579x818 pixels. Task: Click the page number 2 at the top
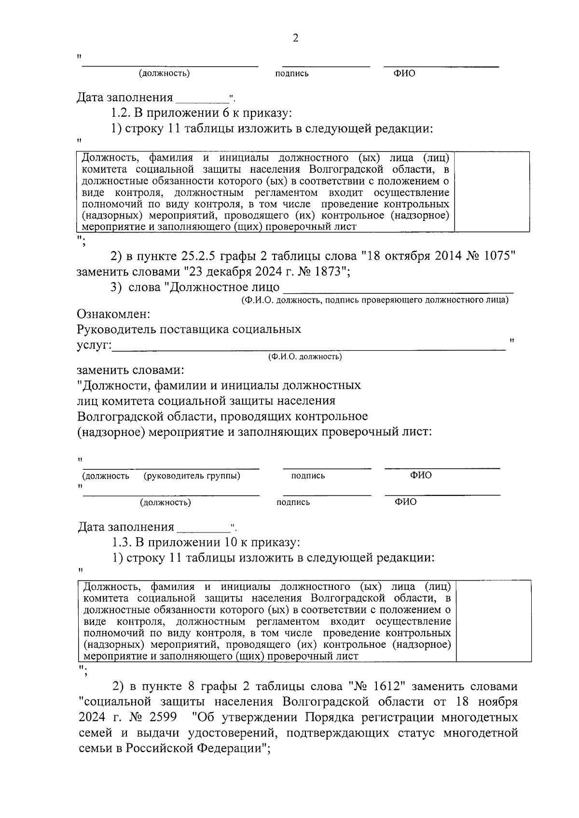click(295, 38)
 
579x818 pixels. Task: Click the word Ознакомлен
click(114, 314)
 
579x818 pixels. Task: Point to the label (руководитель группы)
click(192, 476)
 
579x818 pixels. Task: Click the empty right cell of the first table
click(492, 191)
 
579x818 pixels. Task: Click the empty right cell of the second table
click(493, 620)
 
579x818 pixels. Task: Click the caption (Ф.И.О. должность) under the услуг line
click(305, 357)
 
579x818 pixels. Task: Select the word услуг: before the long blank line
click(95, 345)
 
